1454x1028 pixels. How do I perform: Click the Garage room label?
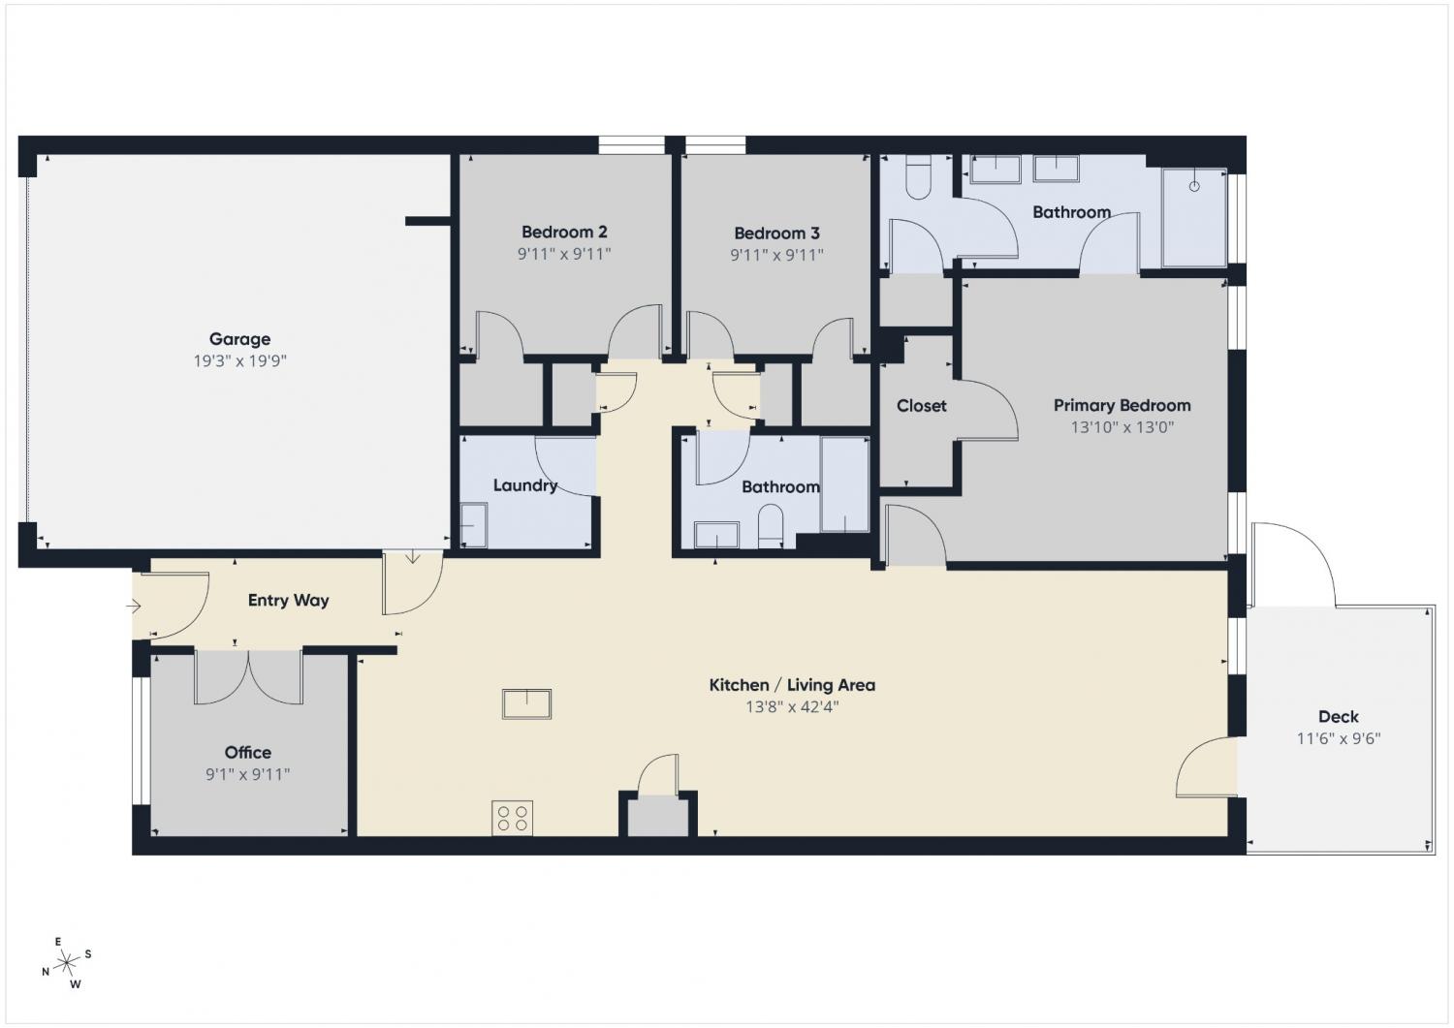coord(239,339)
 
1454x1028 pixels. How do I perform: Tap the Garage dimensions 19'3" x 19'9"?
coord(239,360)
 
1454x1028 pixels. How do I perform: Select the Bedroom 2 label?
coord(564,232)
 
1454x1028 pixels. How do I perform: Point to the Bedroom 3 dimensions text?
coord(776,255)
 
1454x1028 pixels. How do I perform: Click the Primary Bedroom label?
coord(1122,406)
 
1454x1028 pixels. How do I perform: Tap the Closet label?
coord(921,406)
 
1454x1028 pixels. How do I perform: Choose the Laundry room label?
coord(525,485)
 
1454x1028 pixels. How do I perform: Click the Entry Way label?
coord(288,601)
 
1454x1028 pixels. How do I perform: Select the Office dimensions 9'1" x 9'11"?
coord(247,774)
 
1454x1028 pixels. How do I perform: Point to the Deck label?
coord(1338,716)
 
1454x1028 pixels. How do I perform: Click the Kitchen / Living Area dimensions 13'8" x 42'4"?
coord(792,706)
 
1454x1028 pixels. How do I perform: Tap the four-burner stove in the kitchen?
coord(512,818)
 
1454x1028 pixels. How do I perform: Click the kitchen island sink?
coord(526,704)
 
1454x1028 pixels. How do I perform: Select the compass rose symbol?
coord(67,963)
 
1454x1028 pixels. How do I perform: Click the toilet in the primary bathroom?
coord(918,177)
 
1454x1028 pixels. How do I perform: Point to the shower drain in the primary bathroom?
coord(1193,186)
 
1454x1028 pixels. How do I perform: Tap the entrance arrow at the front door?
coord(133,607)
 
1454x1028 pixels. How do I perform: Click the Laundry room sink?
coord(473,524)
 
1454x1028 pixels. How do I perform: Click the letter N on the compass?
coord(46,972)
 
